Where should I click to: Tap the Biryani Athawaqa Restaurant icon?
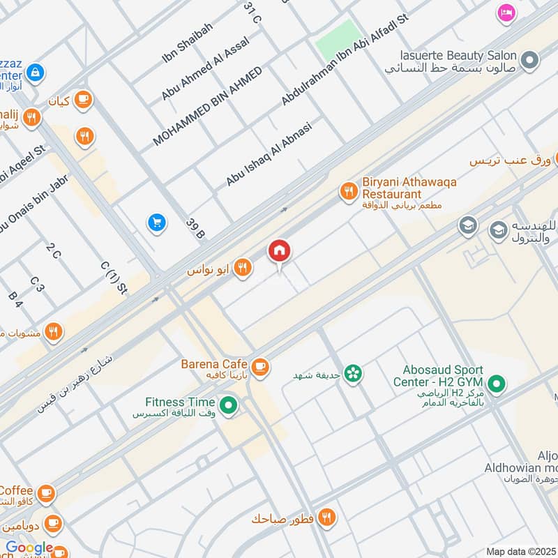(347, 190)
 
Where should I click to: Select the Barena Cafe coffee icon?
(260, 365)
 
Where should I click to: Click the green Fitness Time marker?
(227, 404)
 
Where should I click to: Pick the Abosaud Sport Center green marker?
(496, 382)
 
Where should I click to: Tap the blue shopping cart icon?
(156, 223)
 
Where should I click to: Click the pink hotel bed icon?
(506, 13)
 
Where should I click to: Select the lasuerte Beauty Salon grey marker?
(530, 61)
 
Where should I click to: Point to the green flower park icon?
(354, 373)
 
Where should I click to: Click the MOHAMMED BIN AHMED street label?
(207, 106)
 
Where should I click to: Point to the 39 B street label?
(195, 228)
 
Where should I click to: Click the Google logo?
(29, 548)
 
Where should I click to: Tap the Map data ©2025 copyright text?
(521, 551)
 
